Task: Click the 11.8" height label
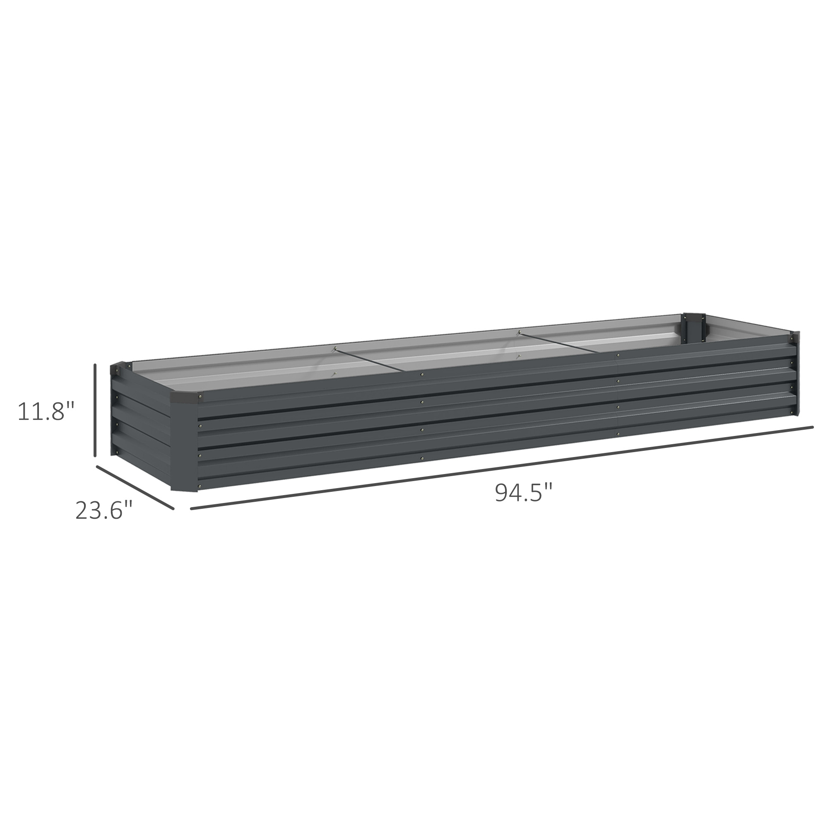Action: click(46, 411)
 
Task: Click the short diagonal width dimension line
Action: click(135, 487)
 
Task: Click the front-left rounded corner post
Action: click(184, 441)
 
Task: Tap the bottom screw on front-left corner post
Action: click(200, 486)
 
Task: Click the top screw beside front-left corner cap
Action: click(200, 400)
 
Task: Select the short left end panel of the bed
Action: click(142, 424)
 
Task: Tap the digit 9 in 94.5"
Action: click(502, 492)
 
